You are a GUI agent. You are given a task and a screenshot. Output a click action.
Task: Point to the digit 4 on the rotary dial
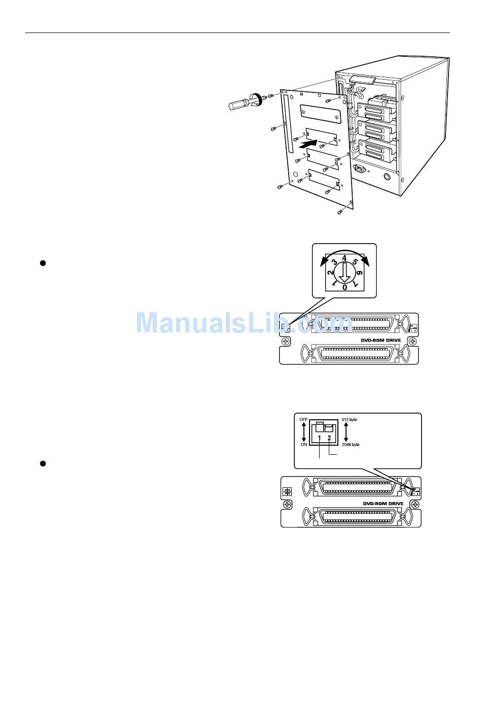[x=345, y=258]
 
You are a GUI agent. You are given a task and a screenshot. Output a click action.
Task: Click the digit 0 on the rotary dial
[x=345, y=287]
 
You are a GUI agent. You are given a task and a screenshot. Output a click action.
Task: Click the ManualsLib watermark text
[x=244, y=322]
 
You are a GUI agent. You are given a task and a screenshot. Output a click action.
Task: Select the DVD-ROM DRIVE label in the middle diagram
[x=377, y=340]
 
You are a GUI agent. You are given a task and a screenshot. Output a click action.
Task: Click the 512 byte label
[x=350, y=420]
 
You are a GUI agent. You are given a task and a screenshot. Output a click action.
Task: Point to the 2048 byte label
[x=351, y=445]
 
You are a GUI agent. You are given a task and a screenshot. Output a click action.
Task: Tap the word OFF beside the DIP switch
[x=303, y=419]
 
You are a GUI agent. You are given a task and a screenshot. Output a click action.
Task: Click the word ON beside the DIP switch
[x=303, y=445]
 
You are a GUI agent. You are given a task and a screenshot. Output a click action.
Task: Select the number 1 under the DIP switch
[x=319, y=438]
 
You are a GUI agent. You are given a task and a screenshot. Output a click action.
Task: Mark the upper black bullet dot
[x=43, y=263]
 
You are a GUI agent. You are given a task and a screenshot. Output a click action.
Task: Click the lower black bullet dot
[x=43, y=463]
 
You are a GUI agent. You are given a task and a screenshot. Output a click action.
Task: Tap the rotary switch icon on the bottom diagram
[x=287, y=492]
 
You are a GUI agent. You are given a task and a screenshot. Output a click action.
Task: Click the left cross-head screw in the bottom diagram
[x=287, y=505]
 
